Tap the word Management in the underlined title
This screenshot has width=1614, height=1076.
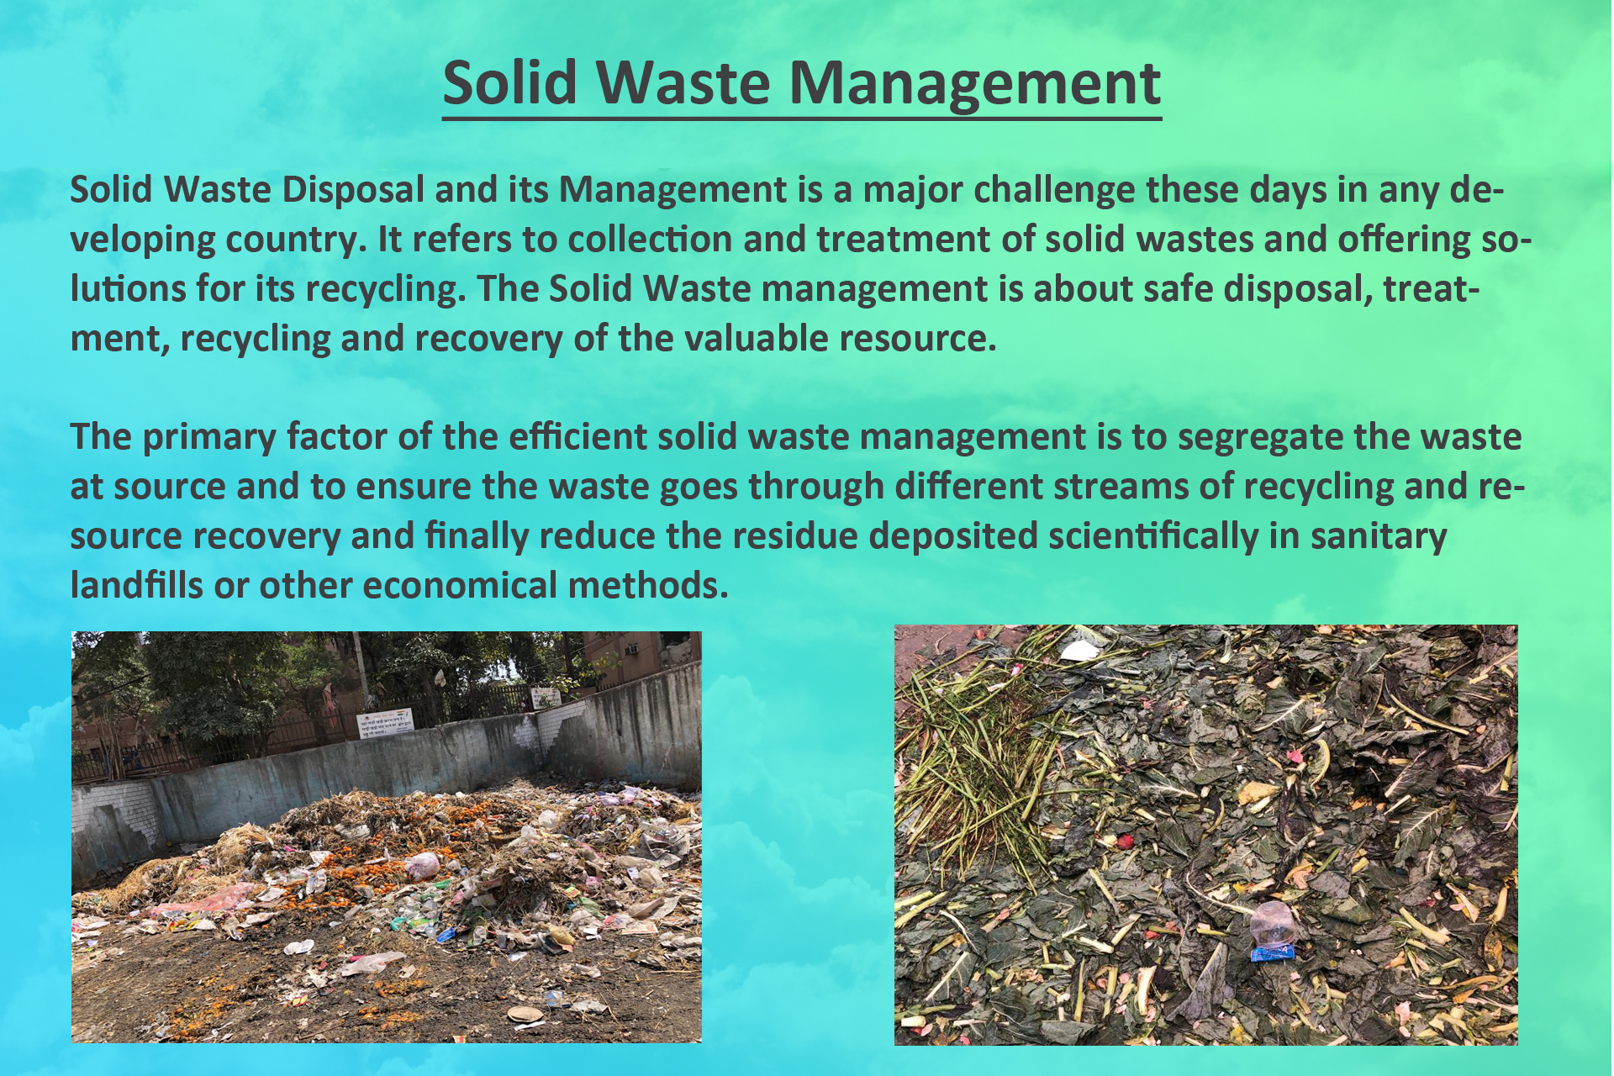975,84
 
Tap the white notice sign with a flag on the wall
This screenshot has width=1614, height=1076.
385,723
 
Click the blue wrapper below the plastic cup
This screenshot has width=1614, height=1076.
1272,952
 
